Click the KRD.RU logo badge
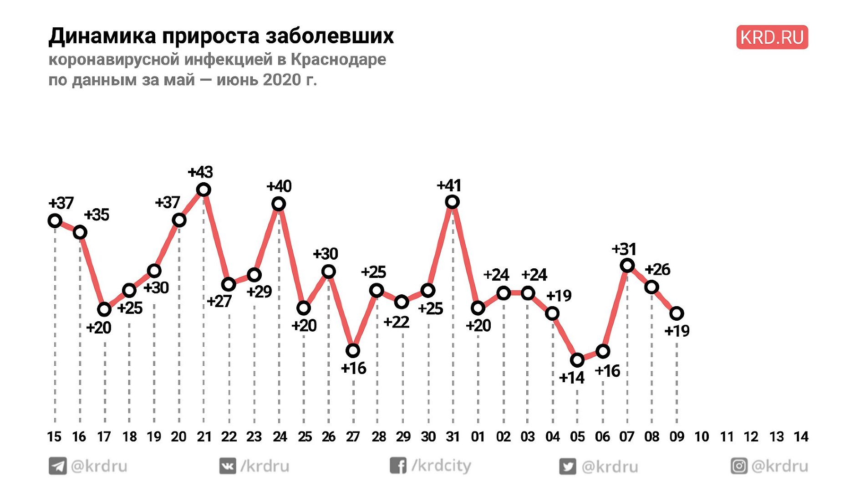pyautogui.click(x=772, y=37)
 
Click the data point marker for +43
pyautogui.click(x=204, y=189)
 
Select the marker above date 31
pyautogui.click(x=452, y=201)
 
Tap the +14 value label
pyautogui.click(x=572, y=378)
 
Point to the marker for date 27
pyautogui.click(x=353, y=350)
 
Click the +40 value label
pyautogui.click(x=279, y=186)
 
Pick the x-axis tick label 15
pyautogui.click(x=54, y=436)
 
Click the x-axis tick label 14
pyautogui.click(x=801, y=436)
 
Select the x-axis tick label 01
pyautogui.click(x=478, y=436)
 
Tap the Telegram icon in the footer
pyautogui.click(x=58, y=466)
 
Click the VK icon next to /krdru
pyautogui.click(x=228, y=466)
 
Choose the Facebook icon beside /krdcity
pyautogui.click(x=397, y=466)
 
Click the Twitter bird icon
pyautogui.click(x=567, y=466)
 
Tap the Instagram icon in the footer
pyautogui.click(x=739, y=466)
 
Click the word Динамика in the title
pyautogui.click(x=102, y=36)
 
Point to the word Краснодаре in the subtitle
pyautogui.click(x=338, y=59)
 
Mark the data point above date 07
pyautogui.click(x=627, y=265)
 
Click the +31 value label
pyautogui.click(x=624, y=249)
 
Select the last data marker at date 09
pyautogui.click(x=677, y=313)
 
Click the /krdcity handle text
pyautogui.click(x=441, y=466)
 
